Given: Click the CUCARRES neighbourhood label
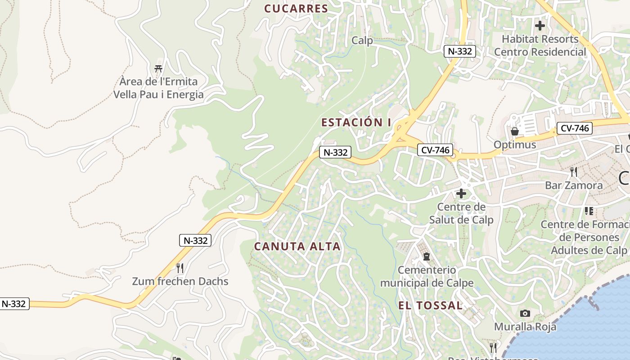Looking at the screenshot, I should [296, 9].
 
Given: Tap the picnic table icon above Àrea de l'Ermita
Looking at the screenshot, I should [158, 69].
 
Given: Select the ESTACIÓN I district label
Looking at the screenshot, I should [356, 122].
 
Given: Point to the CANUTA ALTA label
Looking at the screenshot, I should [297, 247].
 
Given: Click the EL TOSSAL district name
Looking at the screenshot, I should [430, 306].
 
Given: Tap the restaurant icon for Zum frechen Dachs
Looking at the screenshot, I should [180, 268].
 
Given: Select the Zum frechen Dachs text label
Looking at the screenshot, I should [180, 282].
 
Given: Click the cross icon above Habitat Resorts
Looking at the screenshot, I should [540, 26].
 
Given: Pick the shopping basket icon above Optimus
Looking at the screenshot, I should [515, 131].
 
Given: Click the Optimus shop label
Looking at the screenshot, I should [515, 145].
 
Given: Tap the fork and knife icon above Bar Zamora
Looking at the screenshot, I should [573, 172].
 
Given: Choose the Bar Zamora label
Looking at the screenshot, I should [573, 185].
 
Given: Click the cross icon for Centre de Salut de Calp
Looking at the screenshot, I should [461, 193].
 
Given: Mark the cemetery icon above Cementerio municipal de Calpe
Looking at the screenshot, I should [426, 256].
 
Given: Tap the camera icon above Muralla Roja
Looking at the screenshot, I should [525, 313].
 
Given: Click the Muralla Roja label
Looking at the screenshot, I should [525, 327].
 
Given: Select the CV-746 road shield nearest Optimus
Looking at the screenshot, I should [574, 128].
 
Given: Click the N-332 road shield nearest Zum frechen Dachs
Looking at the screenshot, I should [196, 240].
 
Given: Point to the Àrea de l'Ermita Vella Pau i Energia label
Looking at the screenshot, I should [158, 88].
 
